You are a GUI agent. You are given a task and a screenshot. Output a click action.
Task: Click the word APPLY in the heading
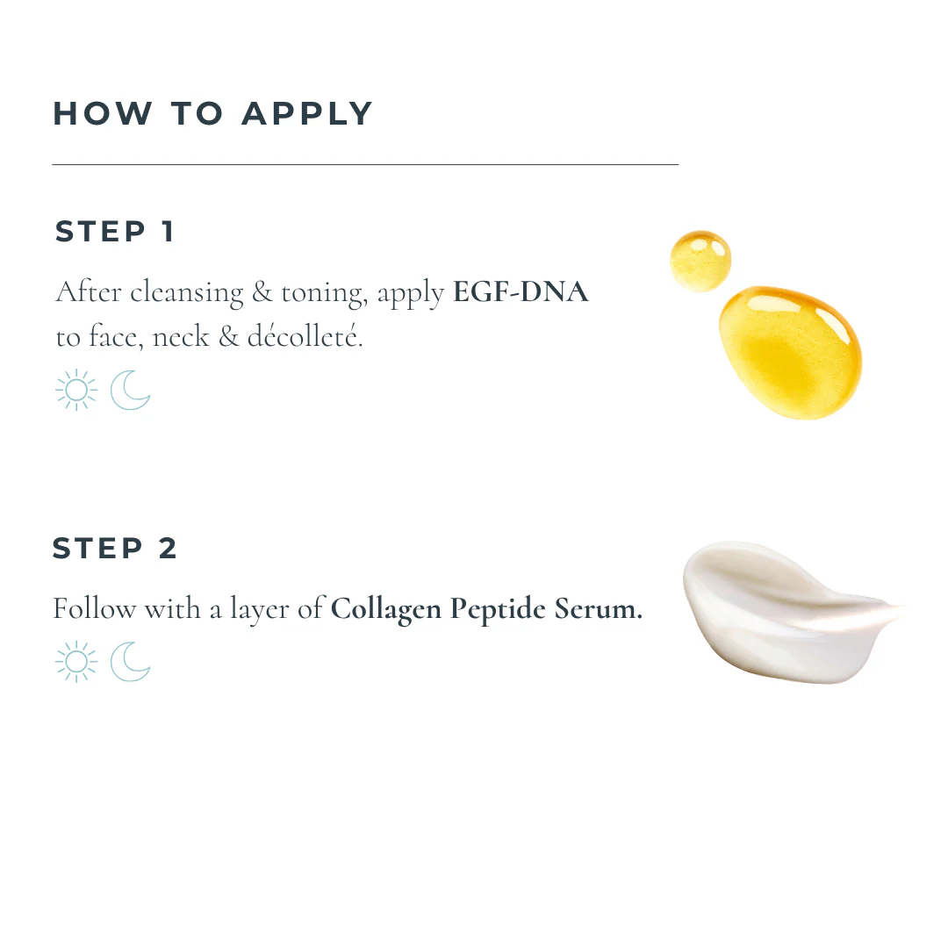(306, 113)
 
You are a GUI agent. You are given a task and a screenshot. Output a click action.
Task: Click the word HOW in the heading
(103, 113)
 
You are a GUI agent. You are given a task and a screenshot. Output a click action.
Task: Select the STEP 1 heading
(115, 232)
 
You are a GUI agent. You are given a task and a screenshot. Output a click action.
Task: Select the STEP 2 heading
(115, 549)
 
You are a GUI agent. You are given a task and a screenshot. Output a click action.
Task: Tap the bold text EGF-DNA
(521, 291)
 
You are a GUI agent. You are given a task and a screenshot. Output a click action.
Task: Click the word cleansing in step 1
(187, 294)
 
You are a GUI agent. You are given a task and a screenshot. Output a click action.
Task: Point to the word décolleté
(305, 336)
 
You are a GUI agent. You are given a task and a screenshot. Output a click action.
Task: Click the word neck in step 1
(181, 337)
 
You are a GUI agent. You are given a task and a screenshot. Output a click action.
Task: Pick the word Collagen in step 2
(385, 609)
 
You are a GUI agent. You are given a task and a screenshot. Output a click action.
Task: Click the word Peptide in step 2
(498, 609)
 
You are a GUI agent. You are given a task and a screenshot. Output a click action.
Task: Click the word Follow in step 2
(94, 608)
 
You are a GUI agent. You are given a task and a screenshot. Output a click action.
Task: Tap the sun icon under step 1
(76, 390)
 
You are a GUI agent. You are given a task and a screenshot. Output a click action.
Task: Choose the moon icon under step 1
(130, 390)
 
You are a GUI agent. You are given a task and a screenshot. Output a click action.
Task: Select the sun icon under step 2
(76, 662)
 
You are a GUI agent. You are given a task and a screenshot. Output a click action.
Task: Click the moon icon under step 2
(130, 662)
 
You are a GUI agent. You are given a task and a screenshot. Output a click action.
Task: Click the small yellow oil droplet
(700, 262)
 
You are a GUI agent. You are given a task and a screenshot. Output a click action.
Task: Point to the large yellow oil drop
(791, 353)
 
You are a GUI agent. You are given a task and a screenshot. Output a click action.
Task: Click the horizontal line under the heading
(365, 164)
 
